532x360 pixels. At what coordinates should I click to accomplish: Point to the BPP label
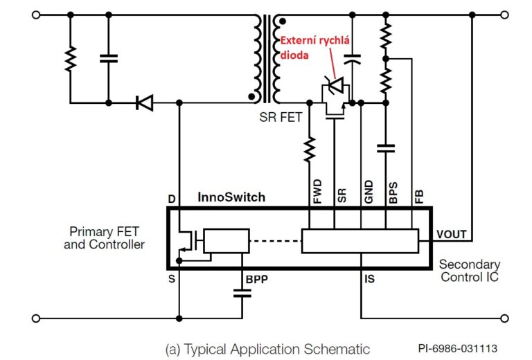[x=257, y=280]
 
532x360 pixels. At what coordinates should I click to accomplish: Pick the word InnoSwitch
[x=231, y=197]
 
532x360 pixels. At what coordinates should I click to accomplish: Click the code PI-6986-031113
[x=457, y=349]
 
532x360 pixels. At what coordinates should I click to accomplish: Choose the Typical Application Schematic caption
[x=267, y=349]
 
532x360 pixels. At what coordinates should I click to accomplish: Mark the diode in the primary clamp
[x=144, y=102]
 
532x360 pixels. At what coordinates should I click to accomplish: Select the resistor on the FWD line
[x=309, y=148]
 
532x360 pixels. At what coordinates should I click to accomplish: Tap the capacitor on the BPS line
[x=386, y=147]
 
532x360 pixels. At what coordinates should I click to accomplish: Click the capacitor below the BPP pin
[x=242, y=292]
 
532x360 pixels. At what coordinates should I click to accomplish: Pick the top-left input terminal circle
[x=36, y=15]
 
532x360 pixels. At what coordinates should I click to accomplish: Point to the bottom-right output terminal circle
[x=503, y=318]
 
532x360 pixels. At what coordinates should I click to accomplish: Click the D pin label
[x=172, y=199]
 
